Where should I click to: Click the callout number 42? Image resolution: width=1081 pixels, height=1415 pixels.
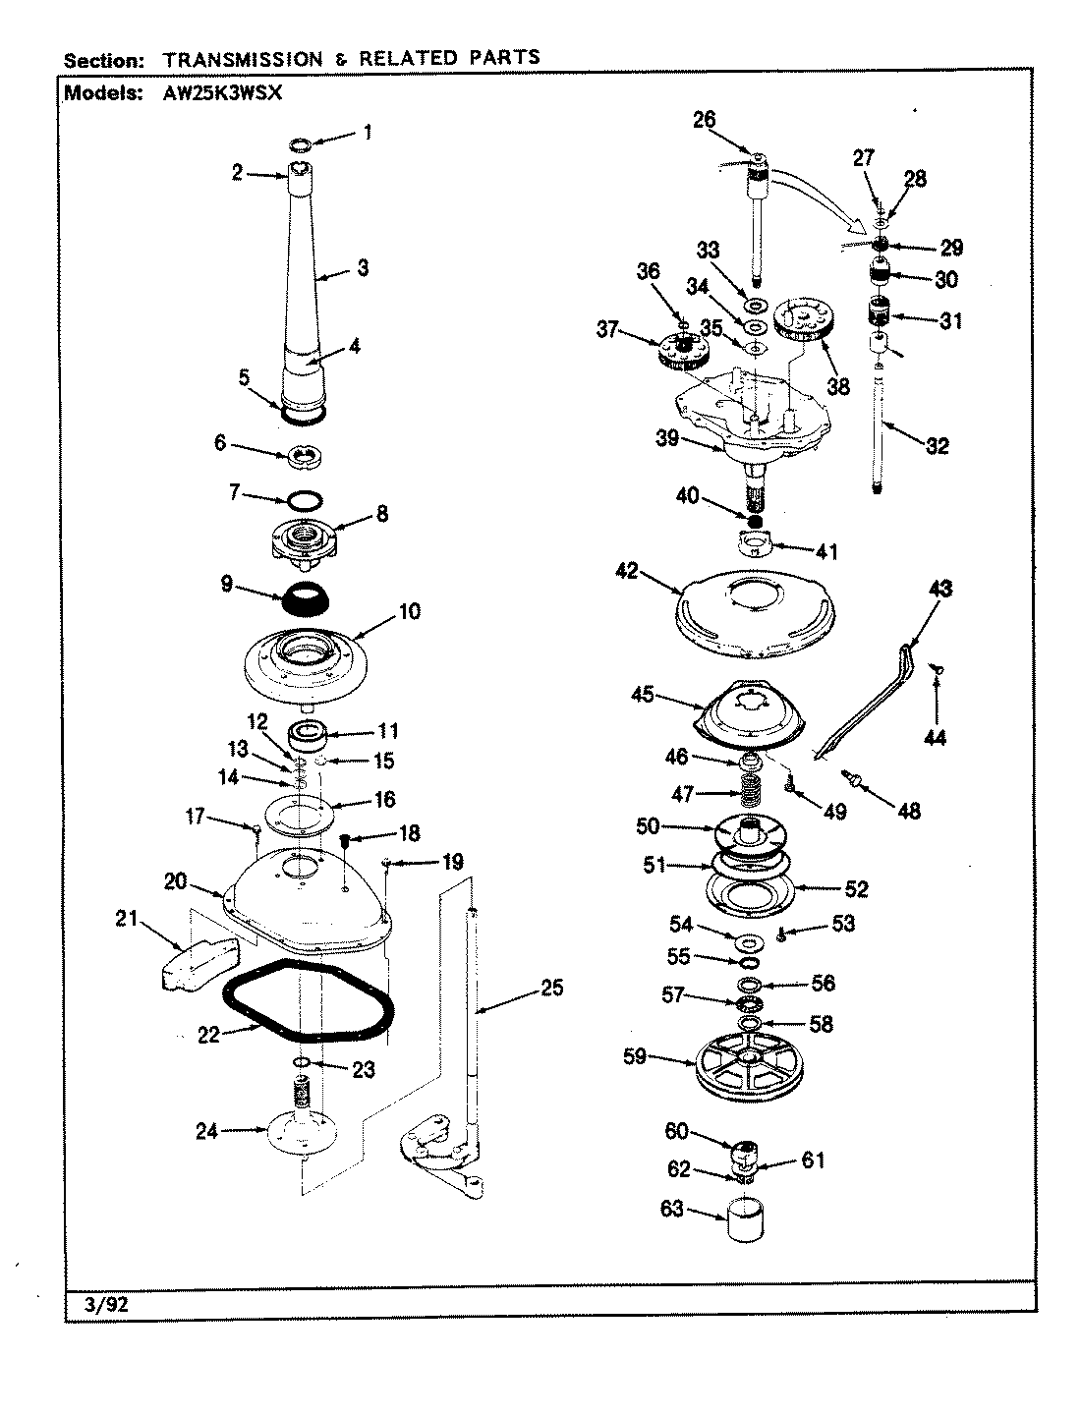click(x=654, y=569)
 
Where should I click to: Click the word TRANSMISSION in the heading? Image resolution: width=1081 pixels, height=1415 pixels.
click(x=245, y=59)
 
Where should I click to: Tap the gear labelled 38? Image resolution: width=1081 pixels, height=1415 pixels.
click(x=804, y=322)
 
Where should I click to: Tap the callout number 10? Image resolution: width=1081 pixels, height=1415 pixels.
click(x=409, y=612)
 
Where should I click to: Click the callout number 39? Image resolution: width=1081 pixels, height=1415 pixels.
click(x=667, y=438)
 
